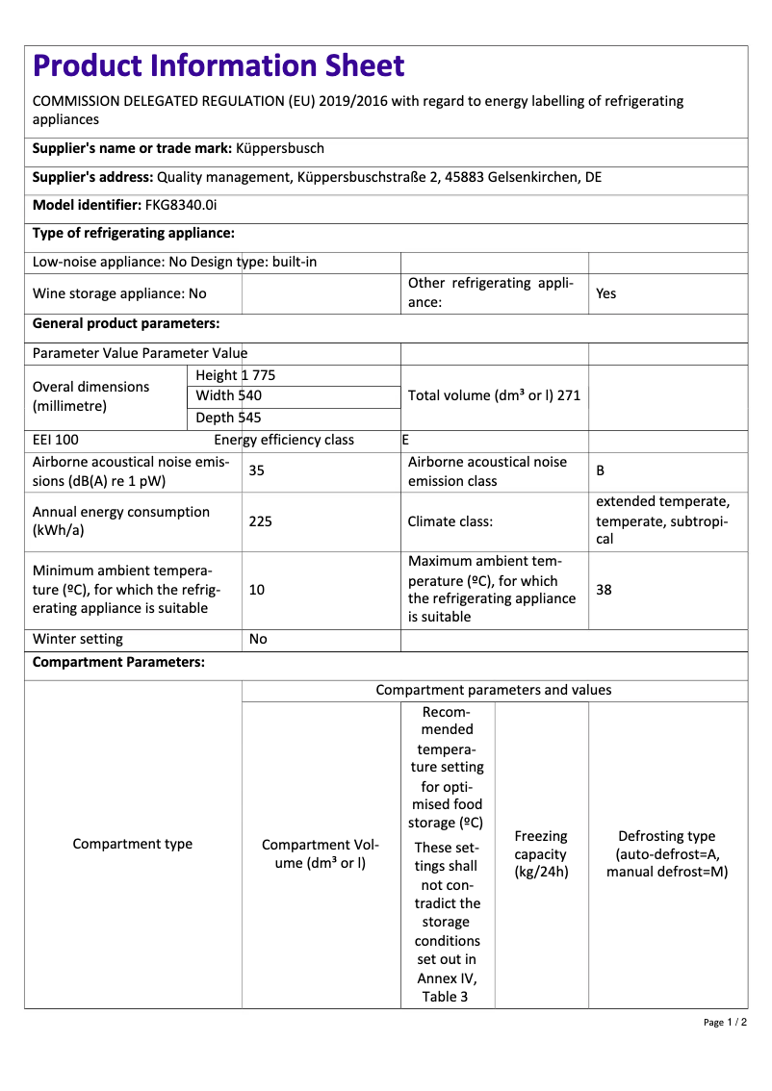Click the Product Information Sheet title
[219, 66]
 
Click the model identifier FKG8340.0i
[181, 205]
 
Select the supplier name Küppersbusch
[280, 148]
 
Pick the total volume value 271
[567, 395]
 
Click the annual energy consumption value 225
[260, 521]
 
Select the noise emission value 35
[257, 470]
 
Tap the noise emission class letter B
[601, 471]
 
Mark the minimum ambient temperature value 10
[257, 590]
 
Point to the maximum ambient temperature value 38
[604, 590]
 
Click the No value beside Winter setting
[258, 639]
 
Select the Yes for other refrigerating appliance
[605, 293]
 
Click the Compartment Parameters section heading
[118, 663]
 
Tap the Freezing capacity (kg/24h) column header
[541, 854]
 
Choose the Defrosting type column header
[666, 854]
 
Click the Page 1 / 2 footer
[725, 1022]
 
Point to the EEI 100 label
[56, 440]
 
